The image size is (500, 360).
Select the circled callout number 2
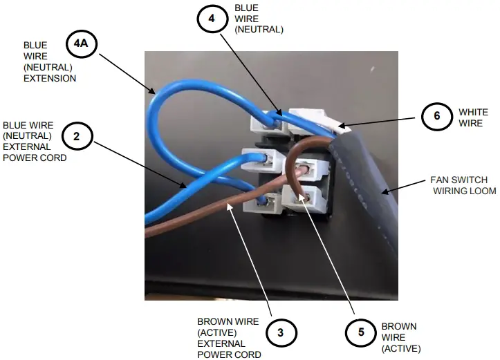pyautogui.click(x=77, y=136)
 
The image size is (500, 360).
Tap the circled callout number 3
pyautogui.click(x=280, y=333)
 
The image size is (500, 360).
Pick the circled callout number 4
pyautogui.click(x=211, y=19)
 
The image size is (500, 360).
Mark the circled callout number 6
pyautogui.click(x=436, y=116)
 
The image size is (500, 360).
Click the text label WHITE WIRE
pyautogui.click(x=473, y=117)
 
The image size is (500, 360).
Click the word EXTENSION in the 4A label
pyautogui.click(x=49, y=79)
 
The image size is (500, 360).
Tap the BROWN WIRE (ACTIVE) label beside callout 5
pyautogui.click(x=400, y=337)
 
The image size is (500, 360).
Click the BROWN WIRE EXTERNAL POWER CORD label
pyautogui.click(x=228, y=338)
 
